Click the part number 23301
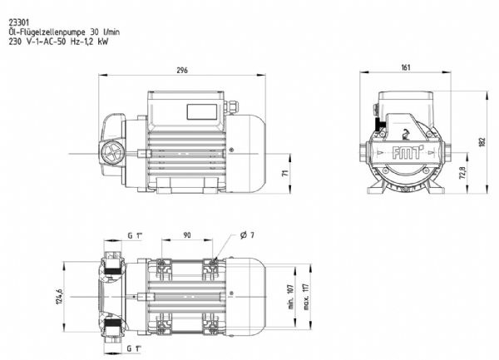(19, 23)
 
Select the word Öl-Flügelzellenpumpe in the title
(47, 32)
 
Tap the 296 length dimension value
(182, 70)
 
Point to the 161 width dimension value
(406, 67)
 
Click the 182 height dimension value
(482, 142)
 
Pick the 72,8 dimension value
(463, 173)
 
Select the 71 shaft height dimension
(285, 173)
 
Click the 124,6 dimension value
(59, 297)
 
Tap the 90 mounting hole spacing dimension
(187, 235)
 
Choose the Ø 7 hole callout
(247, 235)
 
